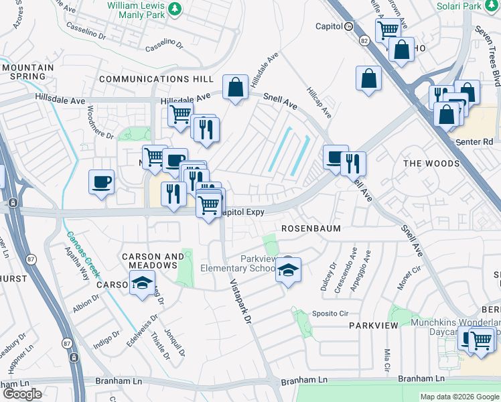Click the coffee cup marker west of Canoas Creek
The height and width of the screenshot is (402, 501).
coord(101,182)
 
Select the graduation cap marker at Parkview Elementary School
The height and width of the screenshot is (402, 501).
coord(289,270)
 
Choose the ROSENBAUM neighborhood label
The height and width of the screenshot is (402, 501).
coord(311,228)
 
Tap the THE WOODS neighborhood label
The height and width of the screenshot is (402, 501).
coord(431,163)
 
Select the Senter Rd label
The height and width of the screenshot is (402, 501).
coord(478,142)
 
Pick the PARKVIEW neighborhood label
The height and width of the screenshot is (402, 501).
coord(373,325)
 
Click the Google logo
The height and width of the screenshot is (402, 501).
coord(21,394)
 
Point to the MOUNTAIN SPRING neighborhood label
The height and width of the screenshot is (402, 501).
coord(27,73)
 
